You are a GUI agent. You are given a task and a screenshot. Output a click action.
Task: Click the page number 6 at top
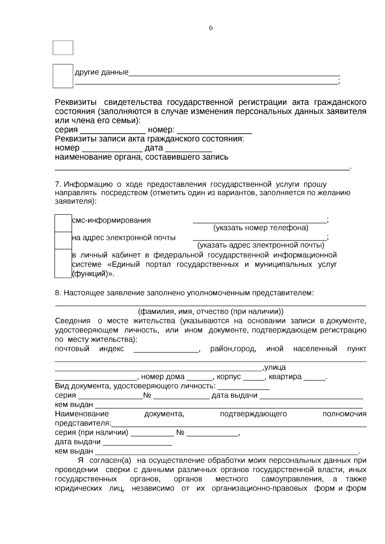click(211, 28)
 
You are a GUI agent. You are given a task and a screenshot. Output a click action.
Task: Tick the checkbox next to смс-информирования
click(63, 223)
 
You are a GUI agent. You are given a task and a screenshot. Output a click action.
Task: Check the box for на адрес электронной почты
click(63, 240)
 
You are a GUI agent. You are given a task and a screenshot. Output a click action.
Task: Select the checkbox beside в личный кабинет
click(63, 264)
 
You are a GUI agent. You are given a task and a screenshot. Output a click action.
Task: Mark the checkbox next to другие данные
click(63, 76)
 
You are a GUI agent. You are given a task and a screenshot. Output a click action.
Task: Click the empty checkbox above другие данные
click(63, 48)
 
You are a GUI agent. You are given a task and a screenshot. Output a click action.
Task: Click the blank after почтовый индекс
click(166, 350)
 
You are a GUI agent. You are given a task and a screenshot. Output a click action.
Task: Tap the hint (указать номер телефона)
click(261, 228)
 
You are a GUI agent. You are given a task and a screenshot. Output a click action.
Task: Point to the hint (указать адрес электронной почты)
click(261, 245)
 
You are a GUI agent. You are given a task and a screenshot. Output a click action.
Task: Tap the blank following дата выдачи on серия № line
click(311, 397)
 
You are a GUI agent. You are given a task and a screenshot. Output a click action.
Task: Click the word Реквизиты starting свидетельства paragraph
click(76, 103)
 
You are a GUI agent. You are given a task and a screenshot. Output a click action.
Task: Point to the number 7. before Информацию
click(58, 184)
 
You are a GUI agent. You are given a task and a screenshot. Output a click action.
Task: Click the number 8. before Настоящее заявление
click(58, 293)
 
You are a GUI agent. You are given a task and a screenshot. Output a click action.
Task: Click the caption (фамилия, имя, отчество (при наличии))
click(210, 312)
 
